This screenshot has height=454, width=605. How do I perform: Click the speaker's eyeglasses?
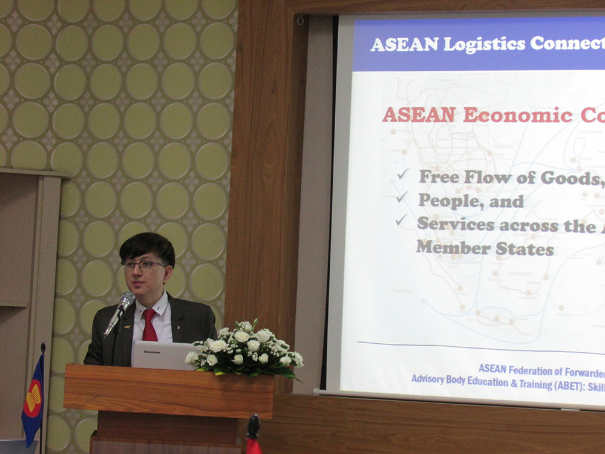(143, 265)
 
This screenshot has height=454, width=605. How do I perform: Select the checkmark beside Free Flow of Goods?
(403, 174)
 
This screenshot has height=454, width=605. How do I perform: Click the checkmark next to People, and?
(402, 197)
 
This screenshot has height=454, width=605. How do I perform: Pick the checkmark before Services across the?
(401, 220)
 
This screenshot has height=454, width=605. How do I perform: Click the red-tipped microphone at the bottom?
(252, 433)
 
